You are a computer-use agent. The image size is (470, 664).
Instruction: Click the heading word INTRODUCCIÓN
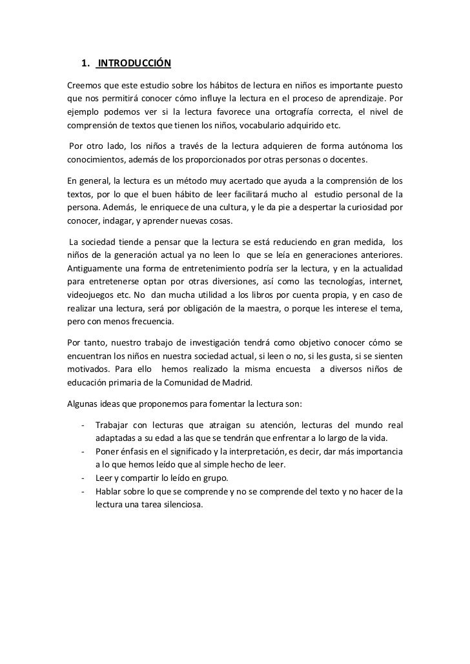click(134, 63)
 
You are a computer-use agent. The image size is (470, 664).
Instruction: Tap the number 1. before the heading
click(85, 63)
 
